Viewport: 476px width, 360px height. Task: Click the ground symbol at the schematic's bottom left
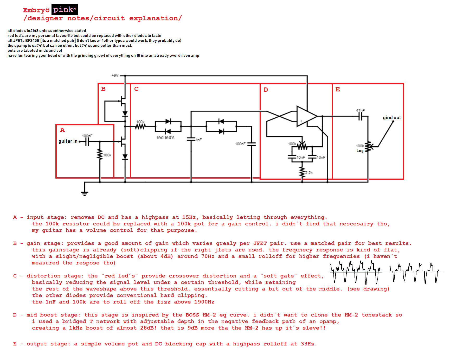(85, 193)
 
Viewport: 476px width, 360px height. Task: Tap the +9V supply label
(115, 75)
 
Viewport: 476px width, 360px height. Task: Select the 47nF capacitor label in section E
(361, 111)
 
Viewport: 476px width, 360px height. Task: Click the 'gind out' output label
(392, 118)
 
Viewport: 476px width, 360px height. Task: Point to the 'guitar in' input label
(68, 141)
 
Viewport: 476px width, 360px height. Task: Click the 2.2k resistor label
(309, 173)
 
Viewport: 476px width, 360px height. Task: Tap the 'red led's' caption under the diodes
(165, 137)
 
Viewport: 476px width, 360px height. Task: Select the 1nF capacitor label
(199, 140)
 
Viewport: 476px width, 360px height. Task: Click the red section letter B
(103, 89)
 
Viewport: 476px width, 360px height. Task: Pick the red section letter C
(136, 89)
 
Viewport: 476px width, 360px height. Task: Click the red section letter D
(266, 90)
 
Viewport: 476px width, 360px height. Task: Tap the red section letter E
(338, 90)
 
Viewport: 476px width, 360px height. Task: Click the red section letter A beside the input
(62, 130)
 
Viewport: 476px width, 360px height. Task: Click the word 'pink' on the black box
(63, 10)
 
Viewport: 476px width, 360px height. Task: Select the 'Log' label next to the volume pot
(360, 151)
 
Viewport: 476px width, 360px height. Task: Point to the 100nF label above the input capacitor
(87, 136)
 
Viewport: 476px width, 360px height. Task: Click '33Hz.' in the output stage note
(309, 344)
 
